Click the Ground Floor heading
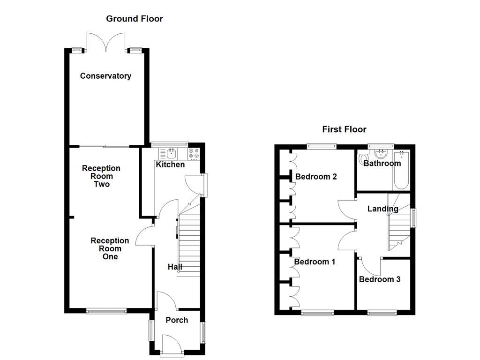135,19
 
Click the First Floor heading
344,129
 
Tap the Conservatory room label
105,76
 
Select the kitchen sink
172,153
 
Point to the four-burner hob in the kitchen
194,154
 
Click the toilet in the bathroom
364,158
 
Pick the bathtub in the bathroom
401,170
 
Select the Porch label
177,320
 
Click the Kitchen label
170,165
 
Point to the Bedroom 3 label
380,279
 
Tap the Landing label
382,209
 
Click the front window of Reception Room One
106,311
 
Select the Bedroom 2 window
322,147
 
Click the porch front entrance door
172,345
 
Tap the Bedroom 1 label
315,262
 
